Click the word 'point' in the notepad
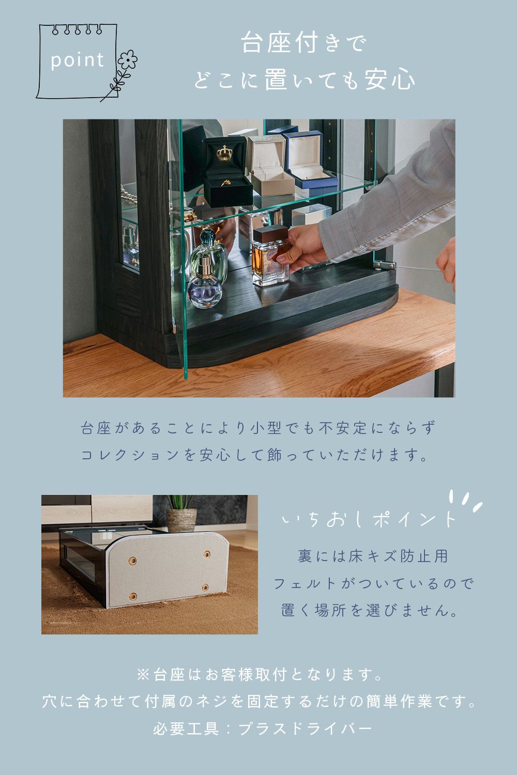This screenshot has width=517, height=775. [x=77, y=60]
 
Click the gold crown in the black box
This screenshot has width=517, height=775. [x=224, y=153]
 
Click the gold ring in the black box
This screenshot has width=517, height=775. [x=226, y=182]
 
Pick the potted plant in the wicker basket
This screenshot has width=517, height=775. [x=181, y=513]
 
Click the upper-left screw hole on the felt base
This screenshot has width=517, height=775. [x=132, y=560]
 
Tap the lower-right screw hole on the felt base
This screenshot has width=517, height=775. [x=205, y=587]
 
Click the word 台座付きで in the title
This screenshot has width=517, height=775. [x=303, y=43]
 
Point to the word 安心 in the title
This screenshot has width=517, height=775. [x=389, y=80]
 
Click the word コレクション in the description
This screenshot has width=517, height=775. [x=130, y=455]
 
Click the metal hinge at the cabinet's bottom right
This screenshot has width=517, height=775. [x=384, y=266]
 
